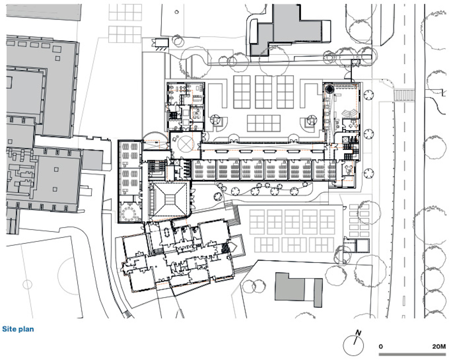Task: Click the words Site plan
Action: pos(18,329)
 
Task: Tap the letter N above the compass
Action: pos(358,333)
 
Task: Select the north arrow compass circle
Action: pos(353,345)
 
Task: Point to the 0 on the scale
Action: pos(381,347)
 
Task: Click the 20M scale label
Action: pos(439,347)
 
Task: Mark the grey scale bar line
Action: pos(412,354)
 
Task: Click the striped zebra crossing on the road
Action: pos(404,95)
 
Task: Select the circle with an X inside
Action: pos(186,144)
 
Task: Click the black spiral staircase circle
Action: pos(330,89)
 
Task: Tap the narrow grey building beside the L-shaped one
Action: pos(318,293)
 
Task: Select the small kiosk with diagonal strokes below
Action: pos(161,44)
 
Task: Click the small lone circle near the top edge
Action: pos(177,12)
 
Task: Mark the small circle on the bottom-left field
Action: pos(27,284)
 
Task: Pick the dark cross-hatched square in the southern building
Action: pos(225,248)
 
